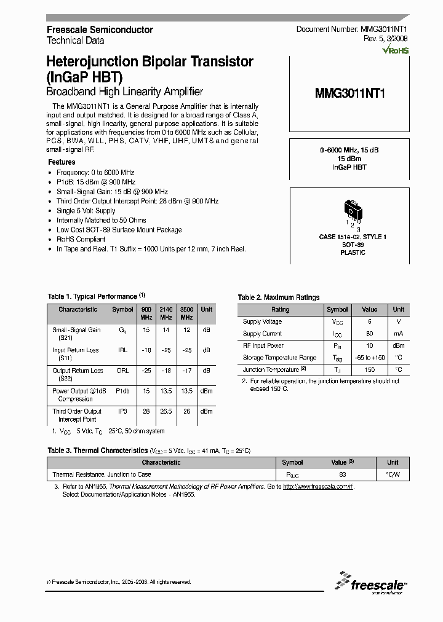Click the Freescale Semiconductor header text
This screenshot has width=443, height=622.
pyautogui.click(x=100, y=30)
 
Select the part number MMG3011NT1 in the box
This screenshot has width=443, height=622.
pyautogui.click(x=349, y=94)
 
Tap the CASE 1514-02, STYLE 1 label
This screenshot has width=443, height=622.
pyautogui.click(x=352, y=237)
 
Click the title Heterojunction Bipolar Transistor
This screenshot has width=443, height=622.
pyautogui.click(x=150, y=62)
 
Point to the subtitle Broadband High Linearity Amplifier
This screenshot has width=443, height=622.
pyautogui.click(x=125, y=92)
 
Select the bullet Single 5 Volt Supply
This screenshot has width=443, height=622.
pyautogui.click(x=86, y=211)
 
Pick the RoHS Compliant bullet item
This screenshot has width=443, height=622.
pyautogui.click(x=81, y=239)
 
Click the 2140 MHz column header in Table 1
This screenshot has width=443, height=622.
pyautogui.click(x=166, y=313)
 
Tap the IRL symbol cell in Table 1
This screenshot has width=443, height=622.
pyautogui.click(x=122, y=350)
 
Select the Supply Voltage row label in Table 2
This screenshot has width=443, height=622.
pyautogui.click(x=262, y=321)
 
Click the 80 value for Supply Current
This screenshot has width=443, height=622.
pyautogui.click(x=370, y=334)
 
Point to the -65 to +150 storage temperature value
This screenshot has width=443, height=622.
pyautogui.click(x=370, y=358)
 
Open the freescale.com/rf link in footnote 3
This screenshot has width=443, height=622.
pyautogui.click(x=318, y=486)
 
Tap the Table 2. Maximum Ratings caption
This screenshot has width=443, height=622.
pyautogui.click(x=279, y=297)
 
